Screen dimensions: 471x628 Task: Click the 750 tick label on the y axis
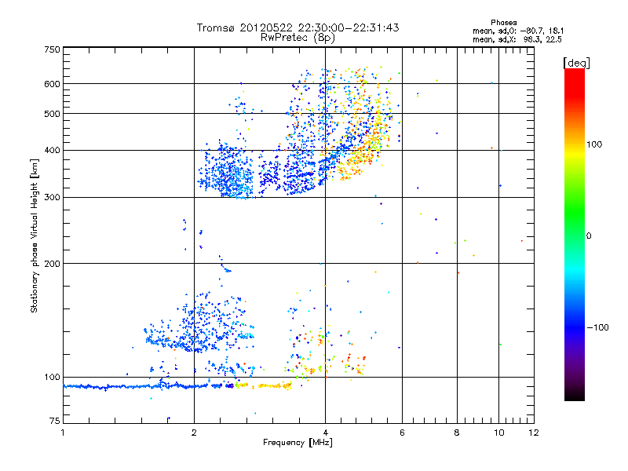click(52, 49)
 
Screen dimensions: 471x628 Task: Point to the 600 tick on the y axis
click(52, 83)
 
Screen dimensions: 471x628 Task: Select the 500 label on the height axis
click(52, 114)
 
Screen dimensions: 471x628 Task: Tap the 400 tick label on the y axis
click(52, 150)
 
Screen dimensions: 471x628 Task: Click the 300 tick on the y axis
click(52, 197)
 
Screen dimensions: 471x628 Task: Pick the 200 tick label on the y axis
click(52, 264)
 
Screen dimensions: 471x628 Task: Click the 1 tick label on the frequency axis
click(63, 433)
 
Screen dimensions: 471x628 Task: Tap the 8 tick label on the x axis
click(458, 433)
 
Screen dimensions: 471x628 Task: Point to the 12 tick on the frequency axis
click(533, 433)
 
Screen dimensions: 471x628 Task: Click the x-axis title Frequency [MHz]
click(298, 443)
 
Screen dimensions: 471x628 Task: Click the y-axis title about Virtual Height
click(35, 235)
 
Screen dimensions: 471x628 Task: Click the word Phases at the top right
click(504, 22)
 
